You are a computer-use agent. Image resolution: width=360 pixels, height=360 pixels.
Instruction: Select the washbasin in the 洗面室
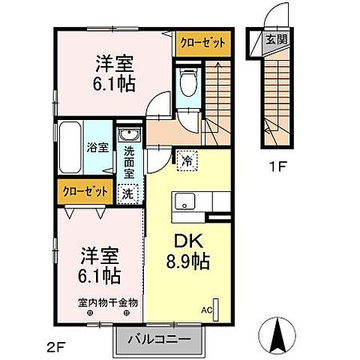pyautogui.click(x=130, y=136)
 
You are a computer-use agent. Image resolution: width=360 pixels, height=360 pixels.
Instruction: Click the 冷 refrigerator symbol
pyautogui.click(x=185, y=159)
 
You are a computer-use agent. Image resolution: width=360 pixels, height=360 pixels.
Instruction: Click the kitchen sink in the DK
pyautogui.click(x=184, y=202)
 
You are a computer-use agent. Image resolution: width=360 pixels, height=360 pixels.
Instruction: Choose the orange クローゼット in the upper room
pyautogui.click(x=200, y=44)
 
